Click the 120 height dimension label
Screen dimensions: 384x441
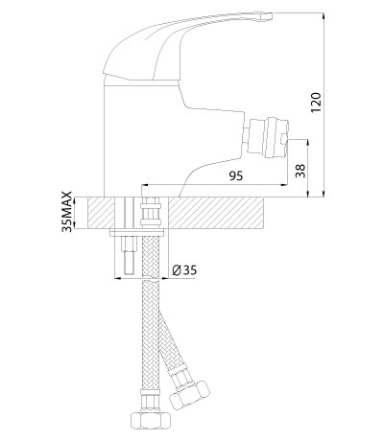click(316, 103)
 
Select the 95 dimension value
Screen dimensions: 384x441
click(236, 175)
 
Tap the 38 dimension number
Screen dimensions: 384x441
click(300, 171)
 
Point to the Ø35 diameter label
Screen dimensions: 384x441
click(184, 270)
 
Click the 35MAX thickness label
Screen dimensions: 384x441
click(67, 212)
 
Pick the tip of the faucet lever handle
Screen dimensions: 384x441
click(271, 15)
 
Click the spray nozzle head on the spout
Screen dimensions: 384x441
click(268, 137)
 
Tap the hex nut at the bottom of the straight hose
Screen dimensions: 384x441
click(151, 418)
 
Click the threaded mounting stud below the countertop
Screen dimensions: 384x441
click(129, 255)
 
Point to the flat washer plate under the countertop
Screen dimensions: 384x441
click(136, 233)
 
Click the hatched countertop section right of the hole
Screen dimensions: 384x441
click(216, 213)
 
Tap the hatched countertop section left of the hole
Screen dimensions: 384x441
click(101, 213)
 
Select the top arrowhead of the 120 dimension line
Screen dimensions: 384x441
click(324, 15)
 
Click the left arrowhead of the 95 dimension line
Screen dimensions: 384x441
click(145, 185)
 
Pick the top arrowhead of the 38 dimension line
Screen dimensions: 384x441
click(308, 143)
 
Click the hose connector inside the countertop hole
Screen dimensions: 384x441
click(150, 212)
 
